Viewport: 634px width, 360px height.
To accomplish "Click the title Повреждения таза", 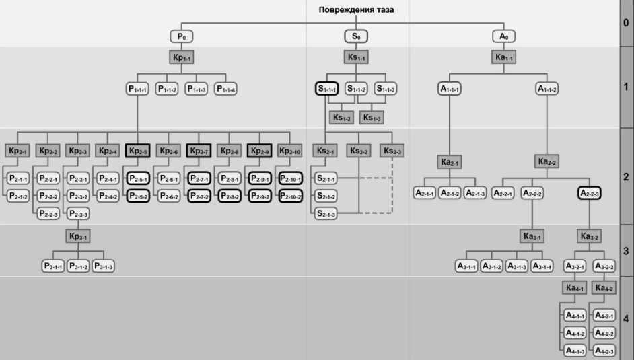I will pyautogui.click(x=357, y=10).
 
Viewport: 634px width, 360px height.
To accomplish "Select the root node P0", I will pyautogui.click(x=182, y=36).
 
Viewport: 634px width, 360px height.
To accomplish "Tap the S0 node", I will pyautogui.click(x=357, y=36).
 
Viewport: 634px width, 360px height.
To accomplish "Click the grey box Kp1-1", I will pyautogui.click(x=182, y=58).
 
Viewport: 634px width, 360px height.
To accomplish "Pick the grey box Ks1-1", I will pyautogui.click(x=357, y=58).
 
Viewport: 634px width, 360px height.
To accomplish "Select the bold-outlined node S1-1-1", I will pyautogui.click(x=326, y=88).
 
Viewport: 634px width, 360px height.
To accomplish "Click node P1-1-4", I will pyautogui.click(x=225, y=88).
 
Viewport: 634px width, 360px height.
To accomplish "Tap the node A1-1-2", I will pyautogui.click(x=547, y=88).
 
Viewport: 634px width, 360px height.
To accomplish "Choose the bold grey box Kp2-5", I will pyautogui.click(x=137, y=151).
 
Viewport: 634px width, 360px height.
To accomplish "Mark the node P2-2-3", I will pyautogui.click(x=48, y=214).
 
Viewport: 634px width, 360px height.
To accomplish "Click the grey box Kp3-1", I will pyautogui.click(x=77, y=236).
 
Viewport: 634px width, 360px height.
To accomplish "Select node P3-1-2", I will pyautogui.click(x=78, y=266).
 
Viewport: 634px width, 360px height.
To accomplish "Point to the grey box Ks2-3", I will pyautogui.click(x=392, y=151).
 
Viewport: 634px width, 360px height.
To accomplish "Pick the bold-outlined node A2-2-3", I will pyautogui.click(x=589, y=193).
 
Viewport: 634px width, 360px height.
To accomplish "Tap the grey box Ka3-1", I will pyautogui.click(x=532, y=236).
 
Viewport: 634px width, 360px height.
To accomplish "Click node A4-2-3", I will pyautogui.click(x=604, y=351).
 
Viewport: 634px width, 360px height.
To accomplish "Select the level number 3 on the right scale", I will pyautogui.click(x=626, y=251).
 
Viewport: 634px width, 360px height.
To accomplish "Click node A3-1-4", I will pyautogui.click(x=542, y=266).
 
